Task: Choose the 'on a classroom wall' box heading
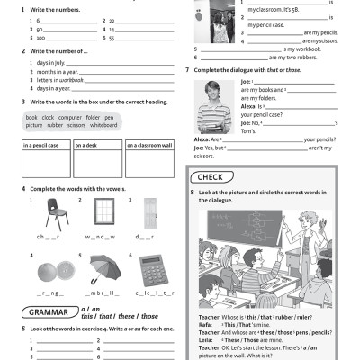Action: [149, 145]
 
